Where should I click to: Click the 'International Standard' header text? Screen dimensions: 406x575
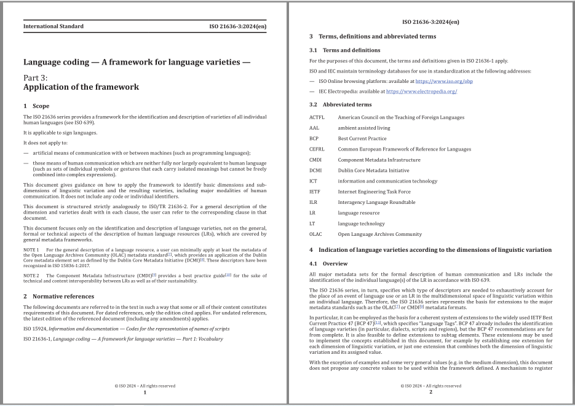[x=54, y=26]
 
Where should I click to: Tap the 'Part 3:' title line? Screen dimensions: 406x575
[x=39, y=77]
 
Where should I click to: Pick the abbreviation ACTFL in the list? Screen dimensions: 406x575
[x=318, y=117]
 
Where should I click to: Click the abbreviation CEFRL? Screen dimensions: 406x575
[x=318, y=149]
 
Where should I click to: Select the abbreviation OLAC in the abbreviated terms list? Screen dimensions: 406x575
[x=317, y=234]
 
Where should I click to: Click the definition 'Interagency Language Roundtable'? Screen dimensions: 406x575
[x=376, y=202]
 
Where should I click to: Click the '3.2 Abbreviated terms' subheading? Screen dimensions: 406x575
[x=340, y=104]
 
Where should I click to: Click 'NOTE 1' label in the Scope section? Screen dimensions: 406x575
[x=31, y=250]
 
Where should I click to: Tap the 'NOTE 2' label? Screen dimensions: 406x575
[x=31, y=275]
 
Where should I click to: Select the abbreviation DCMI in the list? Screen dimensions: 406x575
[x=317, y=170]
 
